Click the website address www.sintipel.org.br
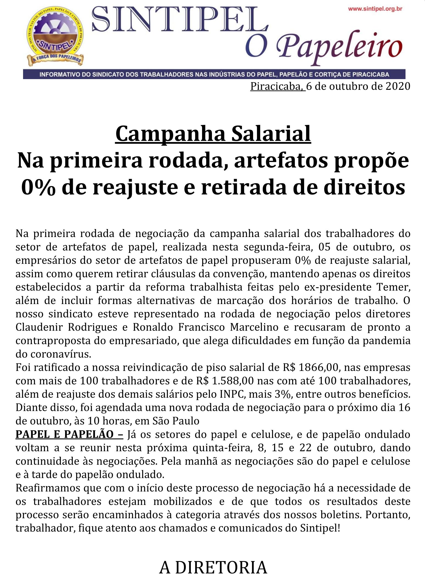coord(375,9)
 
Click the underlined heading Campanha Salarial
coord(213,134)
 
